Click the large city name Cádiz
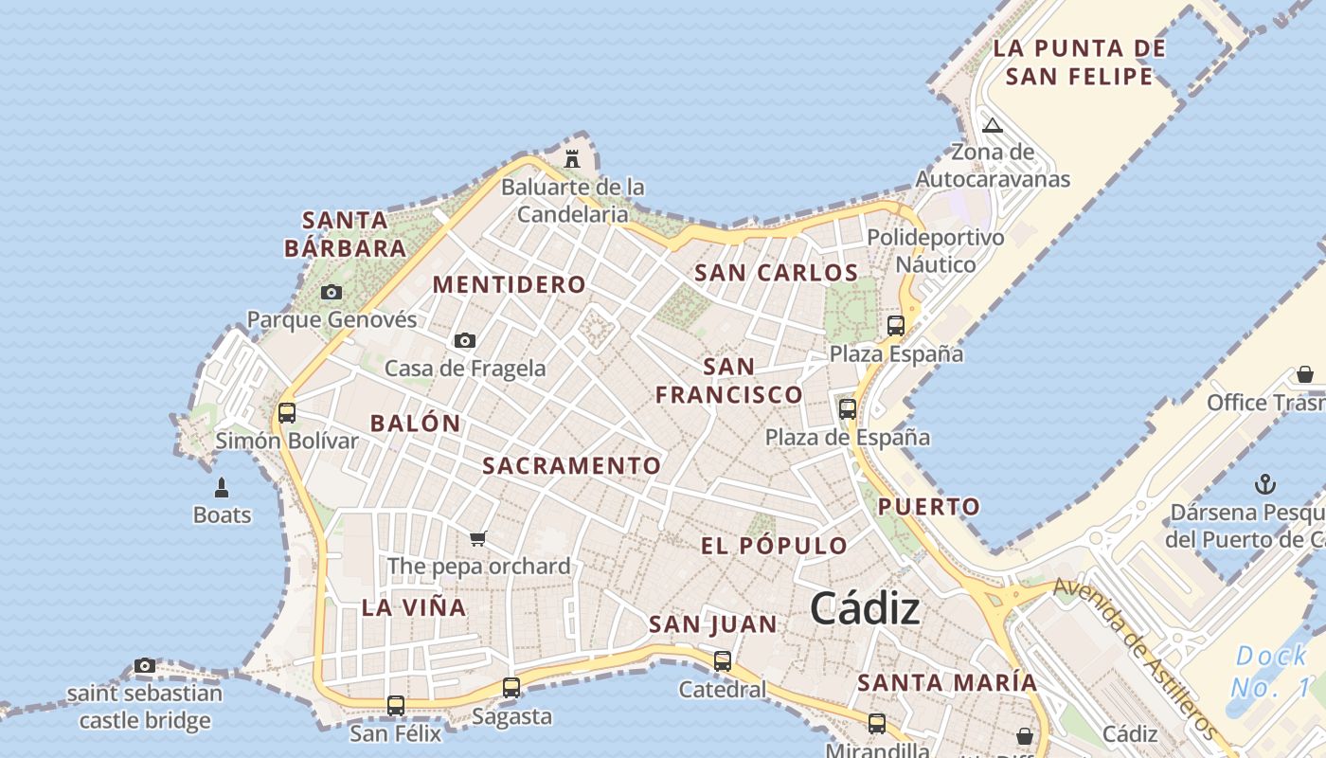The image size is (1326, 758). point(864,607)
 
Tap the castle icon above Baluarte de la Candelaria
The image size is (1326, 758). point(572,158)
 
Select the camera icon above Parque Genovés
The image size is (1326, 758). point(331,292)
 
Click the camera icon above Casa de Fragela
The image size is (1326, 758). point(464,340)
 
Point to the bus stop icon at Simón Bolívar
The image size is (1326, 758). point(287,413)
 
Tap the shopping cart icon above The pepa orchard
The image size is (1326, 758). point(478,538)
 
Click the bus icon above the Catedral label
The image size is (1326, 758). point(723,660)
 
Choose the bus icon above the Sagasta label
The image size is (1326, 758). point(511,688)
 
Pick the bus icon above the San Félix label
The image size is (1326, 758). point(396,705)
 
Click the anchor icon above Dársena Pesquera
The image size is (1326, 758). point(1264,485)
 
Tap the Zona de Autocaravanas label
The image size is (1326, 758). point(993,165)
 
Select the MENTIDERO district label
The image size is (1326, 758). point(510,284)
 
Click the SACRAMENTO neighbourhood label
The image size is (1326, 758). point(571,465)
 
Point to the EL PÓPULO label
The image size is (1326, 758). point(774,546)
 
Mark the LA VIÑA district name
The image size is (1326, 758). point(414,607)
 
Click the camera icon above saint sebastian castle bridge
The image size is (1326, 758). point(144,665)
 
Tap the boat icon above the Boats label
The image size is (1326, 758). point(222,488)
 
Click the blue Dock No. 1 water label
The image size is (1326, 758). point(1272,671)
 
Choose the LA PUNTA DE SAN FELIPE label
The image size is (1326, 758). point(1079,62)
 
